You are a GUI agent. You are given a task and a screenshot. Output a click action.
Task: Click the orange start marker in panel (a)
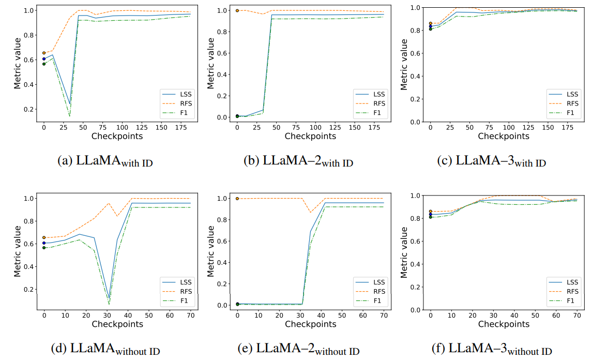tap(44, 53)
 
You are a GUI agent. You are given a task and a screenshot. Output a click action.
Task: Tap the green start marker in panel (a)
tap(44, 64)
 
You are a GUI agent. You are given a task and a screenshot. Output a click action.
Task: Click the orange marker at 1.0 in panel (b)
tap(237, 10)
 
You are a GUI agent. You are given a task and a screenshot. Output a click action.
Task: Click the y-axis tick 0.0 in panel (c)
tap(416, 122)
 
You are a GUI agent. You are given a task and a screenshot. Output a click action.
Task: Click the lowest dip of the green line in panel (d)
tap(109, 304)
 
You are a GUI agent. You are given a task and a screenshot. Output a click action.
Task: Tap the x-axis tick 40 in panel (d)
tap(128, 315)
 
